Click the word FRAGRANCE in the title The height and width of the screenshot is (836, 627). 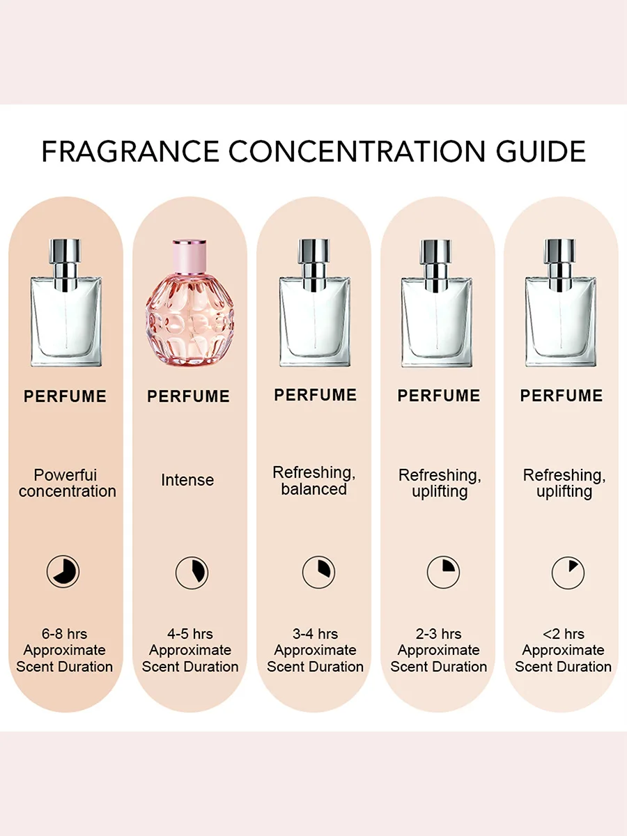[130, 151]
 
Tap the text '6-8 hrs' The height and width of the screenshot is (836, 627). [64, 634]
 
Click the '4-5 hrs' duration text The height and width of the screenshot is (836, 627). [189, 634]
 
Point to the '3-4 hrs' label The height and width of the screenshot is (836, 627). [315, 634]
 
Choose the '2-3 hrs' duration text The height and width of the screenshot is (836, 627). [439, 634]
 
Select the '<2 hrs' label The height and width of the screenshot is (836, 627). [563, 634]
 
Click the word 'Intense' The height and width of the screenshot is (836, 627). [187, 480]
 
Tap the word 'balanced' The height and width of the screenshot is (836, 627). [313, 490]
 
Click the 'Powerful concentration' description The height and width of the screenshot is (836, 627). [67, 483]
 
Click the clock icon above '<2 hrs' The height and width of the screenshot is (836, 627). [568, 573]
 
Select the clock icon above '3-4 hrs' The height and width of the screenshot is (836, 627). [318, 573]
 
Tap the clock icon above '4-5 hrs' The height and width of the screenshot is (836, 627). [192, 573]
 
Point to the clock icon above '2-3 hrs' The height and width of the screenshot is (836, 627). [443, 573]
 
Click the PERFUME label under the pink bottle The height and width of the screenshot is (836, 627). [188, 396]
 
